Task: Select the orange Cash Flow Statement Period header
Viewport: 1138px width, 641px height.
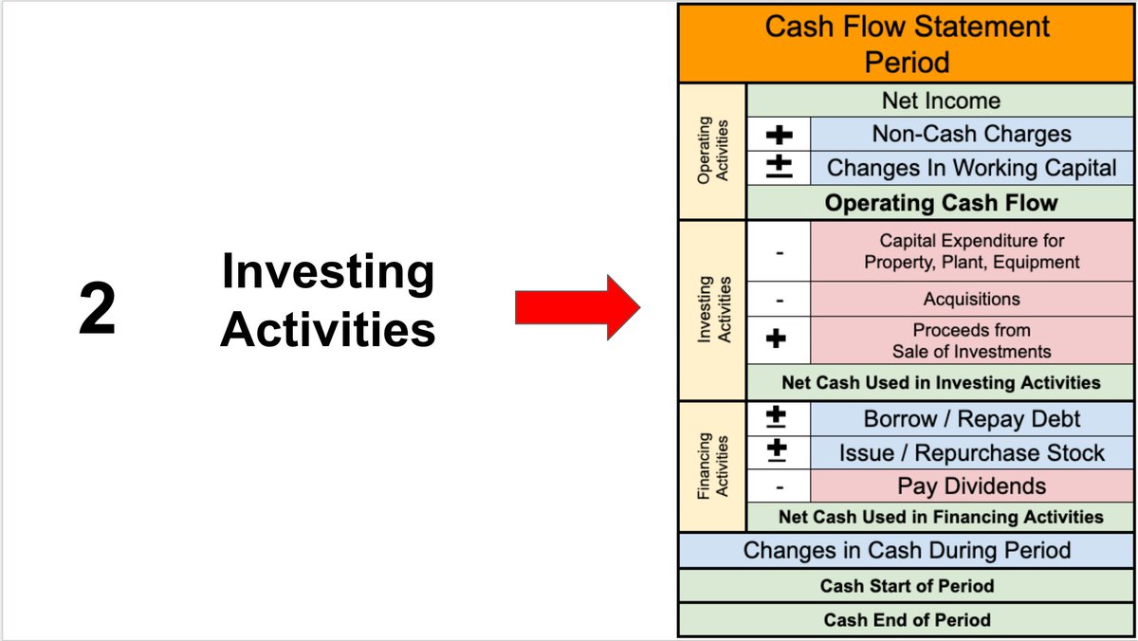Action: click(906, 44)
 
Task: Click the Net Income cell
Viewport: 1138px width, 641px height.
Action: click(940, 101)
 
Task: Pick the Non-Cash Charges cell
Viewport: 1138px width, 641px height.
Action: click(971, 135)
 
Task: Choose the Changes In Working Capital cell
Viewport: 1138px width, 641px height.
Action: click(971, 169)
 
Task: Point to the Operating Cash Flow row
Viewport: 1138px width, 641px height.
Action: click(940, 203)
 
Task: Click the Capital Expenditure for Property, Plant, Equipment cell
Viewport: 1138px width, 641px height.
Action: click(971, 251)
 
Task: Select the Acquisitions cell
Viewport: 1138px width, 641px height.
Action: click(971, 299)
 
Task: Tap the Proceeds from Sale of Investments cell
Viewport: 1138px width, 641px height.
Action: click(971, 340)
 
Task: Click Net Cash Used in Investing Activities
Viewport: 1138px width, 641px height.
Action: click(940, 383)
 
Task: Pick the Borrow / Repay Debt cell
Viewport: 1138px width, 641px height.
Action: click(971, 418)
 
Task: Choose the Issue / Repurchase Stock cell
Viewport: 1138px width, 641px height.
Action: click(971, 452)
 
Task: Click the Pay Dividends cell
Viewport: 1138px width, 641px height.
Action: click(971, 486)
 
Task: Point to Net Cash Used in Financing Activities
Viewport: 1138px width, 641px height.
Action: click(940, 517)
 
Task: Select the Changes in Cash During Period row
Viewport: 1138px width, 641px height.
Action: click(906, 550)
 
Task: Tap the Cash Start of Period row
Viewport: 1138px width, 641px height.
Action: click(906, 586)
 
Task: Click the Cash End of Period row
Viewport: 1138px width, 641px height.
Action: click(906, 620)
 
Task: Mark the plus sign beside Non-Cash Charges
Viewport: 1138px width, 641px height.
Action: click(779, 135)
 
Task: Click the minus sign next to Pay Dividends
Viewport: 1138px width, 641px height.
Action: click(779, 486)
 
